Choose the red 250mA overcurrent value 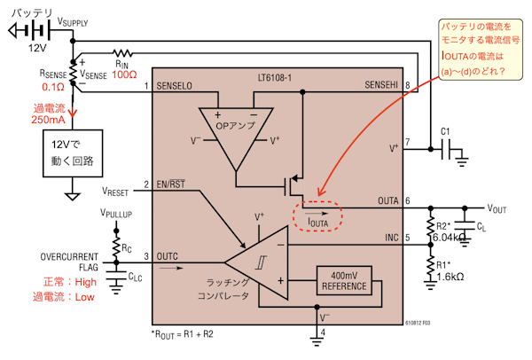(47, 119)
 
